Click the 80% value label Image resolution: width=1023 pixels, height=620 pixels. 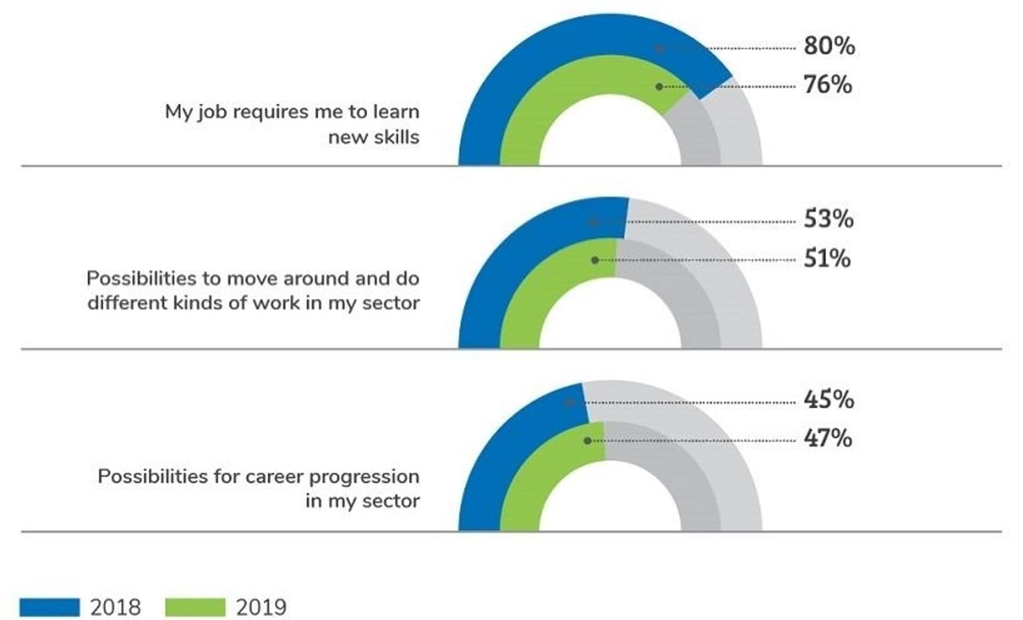(829, 46)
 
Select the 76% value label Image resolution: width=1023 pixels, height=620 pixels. (827, 85)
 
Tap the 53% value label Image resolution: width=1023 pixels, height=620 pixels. (828, 219)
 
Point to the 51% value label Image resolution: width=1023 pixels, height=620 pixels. (827, 258)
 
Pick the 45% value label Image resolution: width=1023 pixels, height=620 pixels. (829, 400)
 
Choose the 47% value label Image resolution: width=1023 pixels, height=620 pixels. (827, 438)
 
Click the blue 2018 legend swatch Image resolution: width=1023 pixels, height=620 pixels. (49, 607)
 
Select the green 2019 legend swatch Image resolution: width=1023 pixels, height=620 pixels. (195, 607)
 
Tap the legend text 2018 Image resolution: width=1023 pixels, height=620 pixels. (115, 607)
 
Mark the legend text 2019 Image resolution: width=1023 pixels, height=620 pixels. (261, 607)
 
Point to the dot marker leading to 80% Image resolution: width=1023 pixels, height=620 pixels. (659, 49)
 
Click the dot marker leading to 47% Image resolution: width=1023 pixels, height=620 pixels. (587, 441)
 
